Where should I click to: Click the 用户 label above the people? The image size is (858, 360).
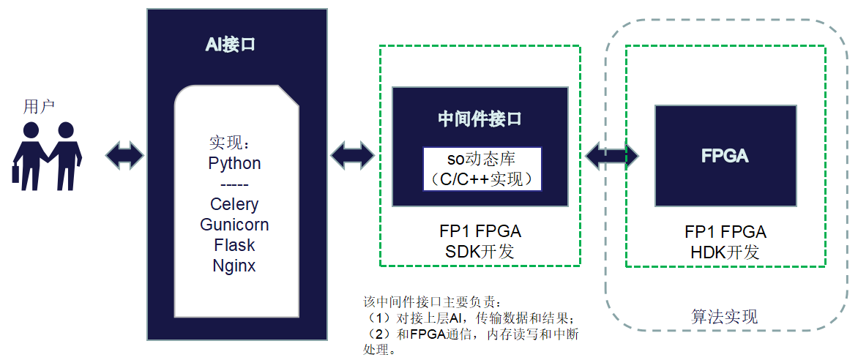40,107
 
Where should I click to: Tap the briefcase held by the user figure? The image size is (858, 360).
15,174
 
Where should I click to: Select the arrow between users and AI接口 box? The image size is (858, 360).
124,155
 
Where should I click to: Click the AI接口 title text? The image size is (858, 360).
231,45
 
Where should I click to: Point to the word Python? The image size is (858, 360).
234,163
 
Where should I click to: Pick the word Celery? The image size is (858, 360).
234,204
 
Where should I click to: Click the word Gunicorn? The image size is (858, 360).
234,225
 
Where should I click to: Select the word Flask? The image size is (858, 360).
234,245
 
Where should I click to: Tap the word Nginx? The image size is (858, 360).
234,266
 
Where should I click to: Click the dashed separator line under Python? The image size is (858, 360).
234,184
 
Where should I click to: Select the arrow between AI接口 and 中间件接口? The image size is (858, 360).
353,155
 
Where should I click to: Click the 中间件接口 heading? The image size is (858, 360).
480,119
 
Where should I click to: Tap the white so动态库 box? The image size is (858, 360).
482,169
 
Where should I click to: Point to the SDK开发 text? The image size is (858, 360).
480,252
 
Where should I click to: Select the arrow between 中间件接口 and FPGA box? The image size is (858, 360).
611,155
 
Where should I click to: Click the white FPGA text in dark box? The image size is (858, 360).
725,156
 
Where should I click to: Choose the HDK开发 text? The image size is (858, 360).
725,252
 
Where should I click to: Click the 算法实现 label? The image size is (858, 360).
725,317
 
